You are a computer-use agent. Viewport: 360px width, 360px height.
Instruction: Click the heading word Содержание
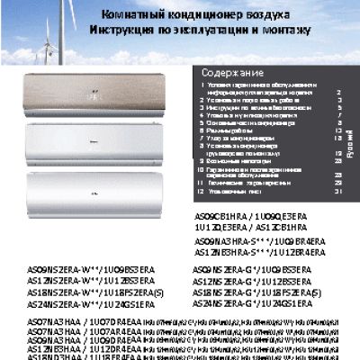tap(232, 72)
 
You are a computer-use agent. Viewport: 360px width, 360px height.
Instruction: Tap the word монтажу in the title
tap(287, 30)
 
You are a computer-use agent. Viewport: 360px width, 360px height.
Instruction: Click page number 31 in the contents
tap(338, 191)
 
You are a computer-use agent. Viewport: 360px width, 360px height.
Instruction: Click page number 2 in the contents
tap(338, 91)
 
